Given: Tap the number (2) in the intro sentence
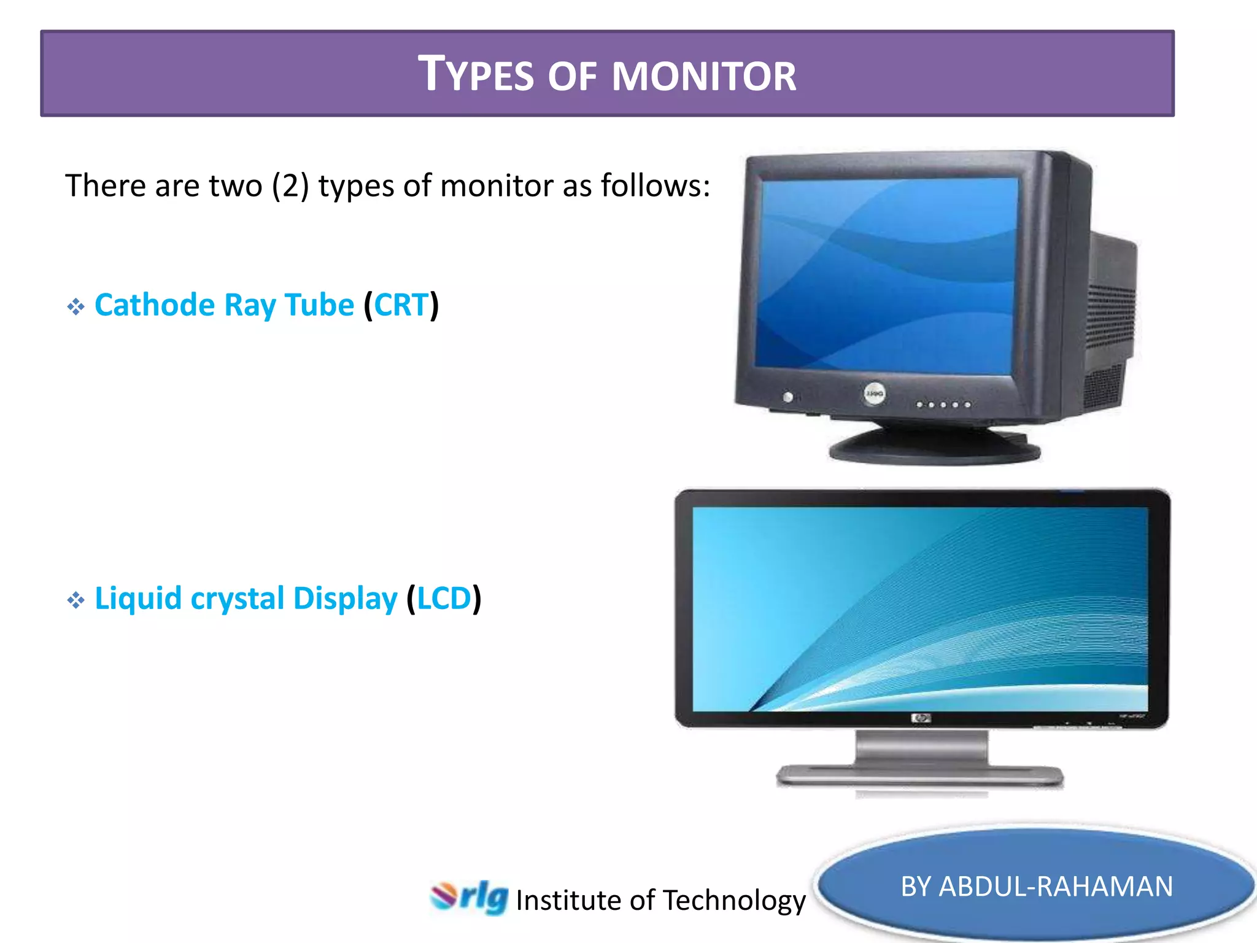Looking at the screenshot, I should coord(290,185).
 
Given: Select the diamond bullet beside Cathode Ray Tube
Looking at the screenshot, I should coord(75,306).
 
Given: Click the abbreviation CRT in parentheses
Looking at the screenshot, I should coord(401,305).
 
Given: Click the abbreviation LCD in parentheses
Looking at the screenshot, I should coord(444,599).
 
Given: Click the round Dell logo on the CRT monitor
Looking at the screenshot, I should coord(875,394).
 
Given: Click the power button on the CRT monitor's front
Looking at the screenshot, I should coord(788,397).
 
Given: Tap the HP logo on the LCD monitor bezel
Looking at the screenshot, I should coord(921,718).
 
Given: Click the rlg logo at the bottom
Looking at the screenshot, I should coord(470,898).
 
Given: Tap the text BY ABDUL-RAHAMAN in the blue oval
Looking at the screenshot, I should coord(1036,887).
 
